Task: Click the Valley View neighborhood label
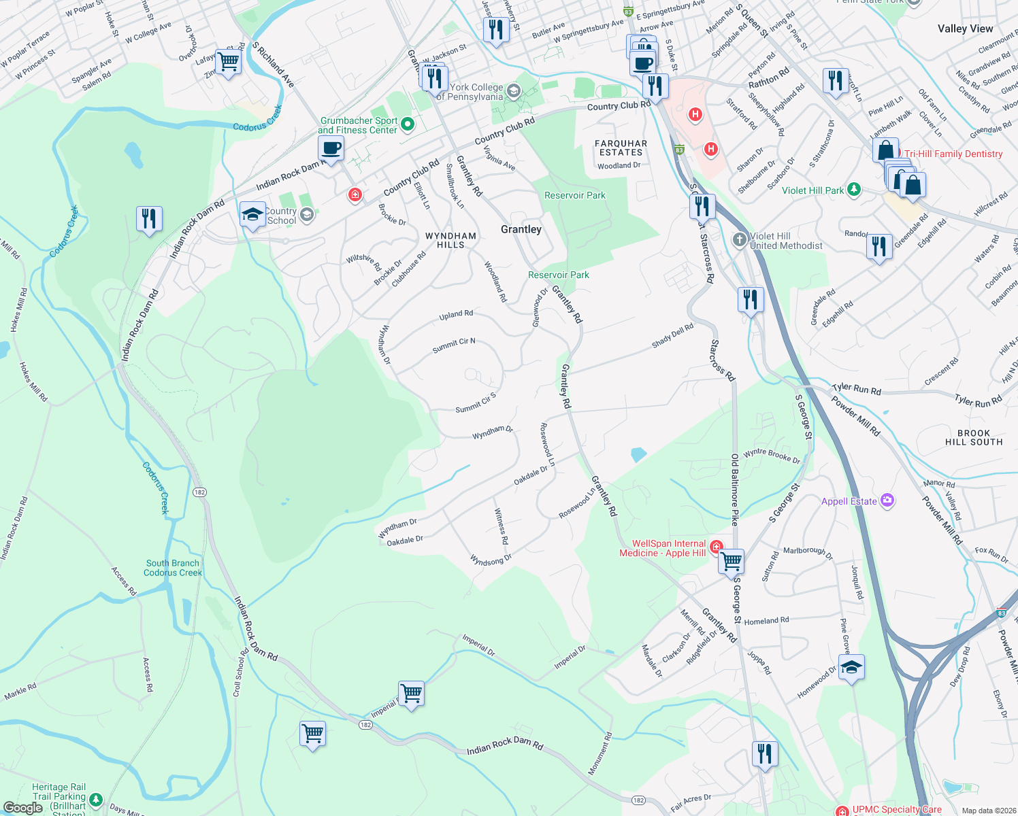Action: (x=965, y=29)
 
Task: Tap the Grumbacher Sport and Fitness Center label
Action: (x=358, y=125)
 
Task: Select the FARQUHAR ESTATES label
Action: (x=621, y=148)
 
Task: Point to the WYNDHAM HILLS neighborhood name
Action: (x=450, y=240)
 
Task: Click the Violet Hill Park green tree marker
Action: (x=854, y=190)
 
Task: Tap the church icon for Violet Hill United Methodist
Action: (x=740, y=239)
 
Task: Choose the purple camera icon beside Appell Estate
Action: (x=887, y=501)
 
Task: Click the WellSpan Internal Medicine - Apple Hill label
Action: (x=662, y=548)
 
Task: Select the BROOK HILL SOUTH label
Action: (x=974, y=437)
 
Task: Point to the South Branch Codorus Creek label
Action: (x=173, y=568)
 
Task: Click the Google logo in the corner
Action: (x=22, y=807)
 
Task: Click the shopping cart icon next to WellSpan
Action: (x=732, y=562)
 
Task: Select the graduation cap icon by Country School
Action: (x=252, y=214)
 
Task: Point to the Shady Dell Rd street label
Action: (x=672, y=336)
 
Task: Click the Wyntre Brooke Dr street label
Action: (x=772, y=456)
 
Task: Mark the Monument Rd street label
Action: (x=600, y=753)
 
